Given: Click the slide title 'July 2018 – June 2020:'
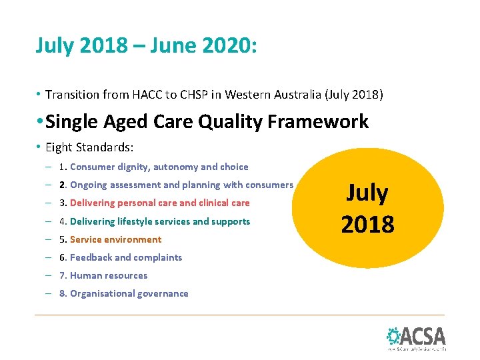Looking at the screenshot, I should point(146,46).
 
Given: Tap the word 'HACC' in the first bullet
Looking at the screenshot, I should point(143,95).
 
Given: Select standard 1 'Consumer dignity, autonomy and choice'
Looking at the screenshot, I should point(159,167).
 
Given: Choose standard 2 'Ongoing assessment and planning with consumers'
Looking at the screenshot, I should point(181,185).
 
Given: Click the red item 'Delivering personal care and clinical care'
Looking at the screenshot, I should point(159,203).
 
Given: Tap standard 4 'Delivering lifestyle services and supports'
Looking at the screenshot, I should point(160,221).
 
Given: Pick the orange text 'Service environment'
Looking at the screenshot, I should point(115,239).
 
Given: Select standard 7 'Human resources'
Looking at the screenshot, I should point(108,275).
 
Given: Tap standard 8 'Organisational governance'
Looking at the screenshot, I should point(129,293).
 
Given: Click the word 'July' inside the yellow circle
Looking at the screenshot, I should point(367,193).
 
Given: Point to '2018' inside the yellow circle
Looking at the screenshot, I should point(367,224).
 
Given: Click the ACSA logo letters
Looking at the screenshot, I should point(424,335).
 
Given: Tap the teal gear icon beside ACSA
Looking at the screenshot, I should point(394,335).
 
